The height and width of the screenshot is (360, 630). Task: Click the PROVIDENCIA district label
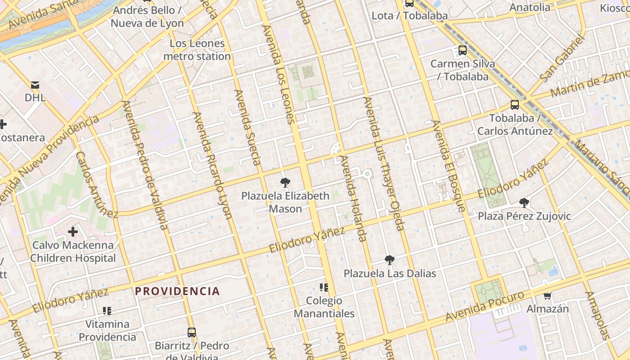coord(177,291)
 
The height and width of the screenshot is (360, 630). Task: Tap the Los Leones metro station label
coord(197,50)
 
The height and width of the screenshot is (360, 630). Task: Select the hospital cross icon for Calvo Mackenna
coord(73,232)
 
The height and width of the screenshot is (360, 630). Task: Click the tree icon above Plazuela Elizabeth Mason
coord(285,183)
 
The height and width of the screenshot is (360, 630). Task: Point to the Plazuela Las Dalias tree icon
coord(390,260)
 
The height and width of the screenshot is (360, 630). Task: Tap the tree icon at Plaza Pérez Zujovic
coord(524,203)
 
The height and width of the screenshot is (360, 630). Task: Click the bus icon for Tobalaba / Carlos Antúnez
coord(515,105)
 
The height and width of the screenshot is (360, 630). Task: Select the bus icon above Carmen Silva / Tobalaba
coord(463,50)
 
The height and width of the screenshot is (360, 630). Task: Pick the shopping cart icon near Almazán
coord(548,296)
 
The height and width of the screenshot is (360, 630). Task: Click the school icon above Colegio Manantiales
coord(324,287)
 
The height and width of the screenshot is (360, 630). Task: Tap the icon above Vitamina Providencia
coord(107,310)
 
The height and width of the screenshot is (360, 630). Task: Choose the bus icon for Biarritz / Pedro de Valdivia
coord(192,333)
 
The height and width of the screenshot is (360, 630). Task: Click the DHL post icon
coord(35,85)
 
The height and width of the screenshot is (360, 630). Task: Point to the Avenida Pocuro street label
coord(485,306)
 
